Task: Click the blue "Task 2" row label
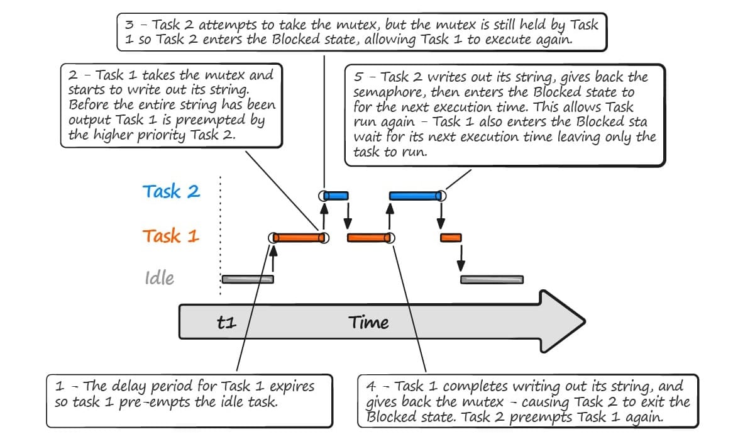[171, 192]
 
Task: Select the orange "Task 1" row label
[170, 236]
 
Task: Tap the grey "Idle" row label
[159, 278]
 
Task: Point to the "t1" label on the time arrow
[226, 323]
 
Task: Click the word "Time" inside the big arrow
[369, 323]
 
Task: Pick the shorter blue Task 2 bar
[336, 196]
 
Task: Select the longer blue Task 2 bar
[416, 196]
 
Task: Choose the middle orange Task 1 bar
[368, 238]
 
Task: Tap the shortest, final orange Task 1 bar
[451, 238]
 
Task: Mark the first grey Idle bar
[248, 279]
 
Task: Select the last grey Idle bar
[492, 279]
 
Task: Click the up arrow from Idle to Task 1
[273, 259]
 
